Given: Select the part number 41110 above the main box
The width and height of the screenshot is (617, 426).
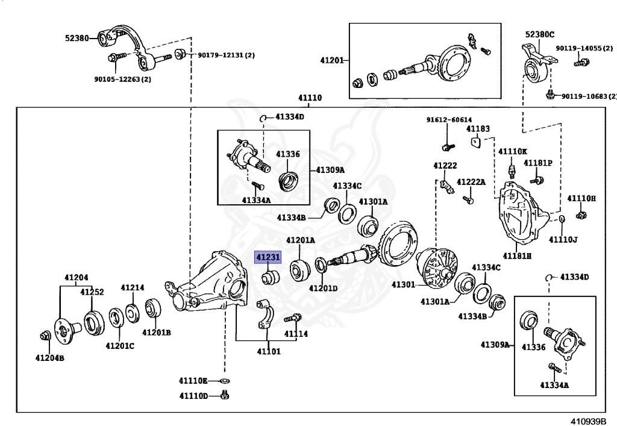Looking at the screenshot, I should point(310,98).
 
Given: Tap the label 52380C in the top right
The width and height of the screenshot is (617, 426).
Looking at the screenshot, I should point(539,34).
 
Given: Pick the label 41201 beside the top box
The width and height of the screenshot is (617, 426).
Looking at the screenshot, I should point(331,60).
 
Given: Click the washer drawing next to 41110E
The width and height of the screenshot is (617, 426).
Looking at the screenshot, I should point(224,381).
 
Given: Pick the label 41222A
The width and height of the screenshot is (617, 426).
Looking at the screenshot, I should point(471,182).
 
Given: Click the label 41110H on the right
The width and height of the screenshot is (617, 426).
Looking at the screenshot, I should point(581,198).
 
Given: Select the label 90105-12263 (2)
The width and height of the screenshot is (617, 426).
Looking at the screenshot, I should point(122,79).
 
